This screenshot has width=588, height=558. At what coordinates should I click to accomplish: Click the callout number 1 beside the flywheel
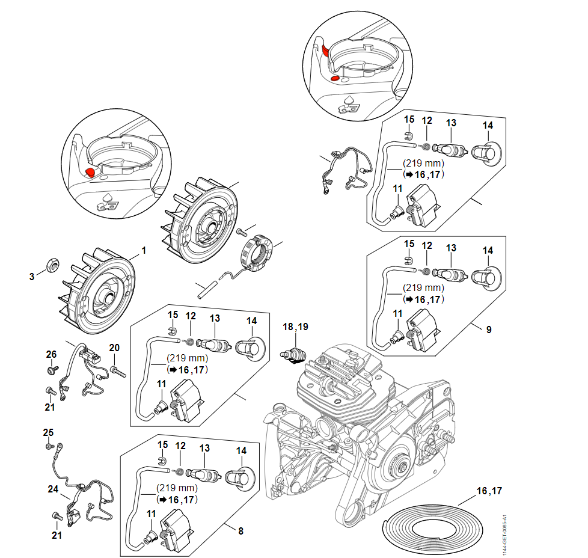pyautogui.click(x=144, y=250)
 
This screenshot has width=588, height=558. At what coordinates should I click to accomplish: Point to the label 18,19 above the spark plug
pyautogui.click(x=296, y=327)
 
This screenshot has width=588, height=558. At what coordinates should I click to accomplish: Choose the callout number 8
pyautogui.click(x=240, y=531)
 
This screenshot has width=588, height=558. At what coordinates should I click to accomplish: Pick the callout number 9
pyautogui.click(x=489, y=330)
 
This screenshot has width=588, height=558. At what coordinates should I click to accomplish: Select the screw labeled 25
pyautogui.click(x=48, y=446)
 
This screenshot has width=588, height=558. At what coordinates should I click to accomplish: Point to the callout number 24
pyautogui.click(x=53, y=489)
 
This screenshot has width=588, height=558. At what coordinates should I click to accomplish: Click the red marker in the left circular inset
pyautogui.click(x=90, y=172)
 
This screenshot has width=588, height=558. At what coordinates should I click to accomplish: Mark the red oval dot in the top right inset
pyautogui.click(x=335, y=78)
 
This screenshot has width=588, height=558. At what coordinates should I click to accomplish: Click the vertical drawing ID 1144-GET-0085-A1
pyautogui.click(x=506, y=530)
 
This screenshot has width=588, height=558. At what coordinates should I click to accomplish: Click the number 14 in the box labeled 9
pyautogui.click(x=488, y=250)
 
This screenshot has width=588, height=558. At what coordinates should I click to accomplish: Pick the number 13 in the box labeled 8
pyautogui.click(x=204, y=449)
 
